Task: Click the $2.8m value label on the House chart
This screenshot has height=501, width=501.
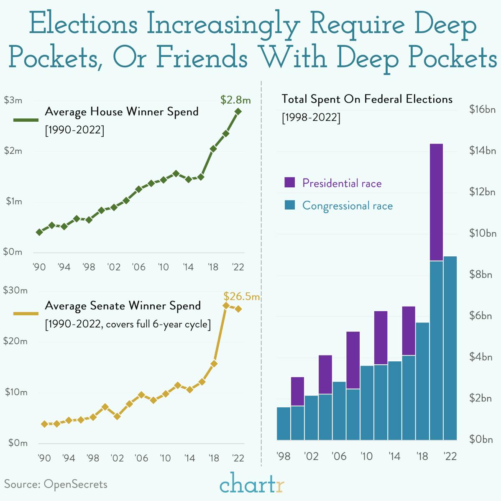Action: (235, 100)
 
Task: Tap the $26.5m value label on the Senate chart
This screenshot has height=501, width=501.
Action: (241, 297)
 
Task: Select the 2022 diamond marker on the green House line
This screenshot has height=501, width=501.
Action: (238, 112)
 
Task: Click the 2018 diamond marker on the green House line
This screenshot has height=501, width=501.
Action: (213, 148)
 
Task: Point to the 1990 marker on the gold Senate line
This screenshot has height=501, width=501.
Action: (44, 424)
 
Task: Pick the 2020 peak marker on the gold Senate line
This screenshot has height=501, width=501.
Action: (226, 305)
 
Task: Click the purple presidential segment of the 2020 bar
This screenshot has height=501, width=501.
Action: (436, 202)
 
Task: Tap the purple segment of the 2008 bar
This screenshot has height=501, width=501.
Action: (353, 360)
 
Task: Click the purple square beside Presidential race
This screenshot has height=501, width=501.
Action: (289, 182)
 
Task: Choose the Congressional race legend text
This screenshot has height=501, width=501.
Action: (347, 206)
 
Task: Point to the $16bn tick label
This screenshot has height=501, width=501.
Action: (482, 110)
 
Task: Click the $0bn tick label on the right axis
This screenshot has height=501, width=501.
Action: (481, 440)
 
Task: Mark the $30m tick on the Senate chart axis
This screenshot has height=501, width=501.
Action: (15, 290)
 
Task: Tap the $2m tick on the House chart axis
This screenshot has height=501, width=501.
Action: (13, 151)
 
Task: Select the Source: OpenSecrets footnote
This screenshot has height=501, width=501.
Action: (56, 484)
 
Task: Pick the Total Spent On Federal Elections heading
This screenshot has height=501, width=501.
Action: (367, 99)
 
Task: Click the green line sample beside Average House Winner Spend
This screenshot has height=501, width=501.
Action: (26, 120)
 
